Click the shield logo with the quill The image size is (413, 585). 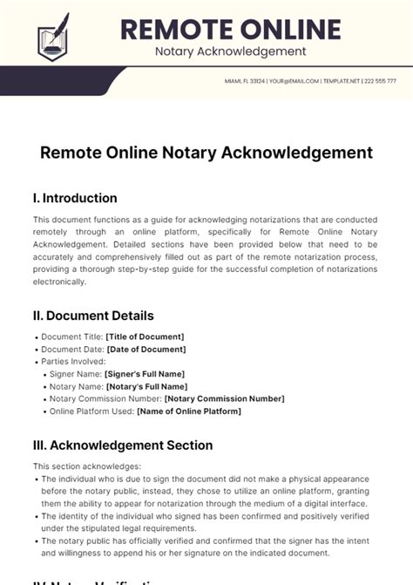[x=52, y=37]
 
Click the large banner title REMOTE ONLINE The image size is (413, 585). [x=230, y=29]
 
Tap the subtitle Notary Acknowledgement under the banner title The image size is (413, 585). [x=230, y=51]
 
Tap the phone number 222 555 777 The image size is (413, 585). [x=381, y=81]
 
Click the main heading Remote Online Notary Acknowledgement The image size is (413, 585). [x=206, y=153]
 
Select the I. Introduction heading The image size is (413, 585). [x=75, y=198]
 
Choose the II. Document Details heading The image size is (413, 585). [x=93, y=316]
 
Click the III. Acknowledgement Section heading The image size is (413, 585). [x=123, y=446]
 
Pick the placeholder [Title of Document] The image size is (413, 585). [x=145, y=337]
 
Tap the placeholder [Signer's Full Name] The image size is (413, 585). [x=143, y=374]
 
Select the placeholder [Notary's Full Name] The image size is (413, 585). [x=146, y=386]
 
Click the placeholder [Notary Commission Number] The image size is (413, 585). [x=224, y=398]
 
